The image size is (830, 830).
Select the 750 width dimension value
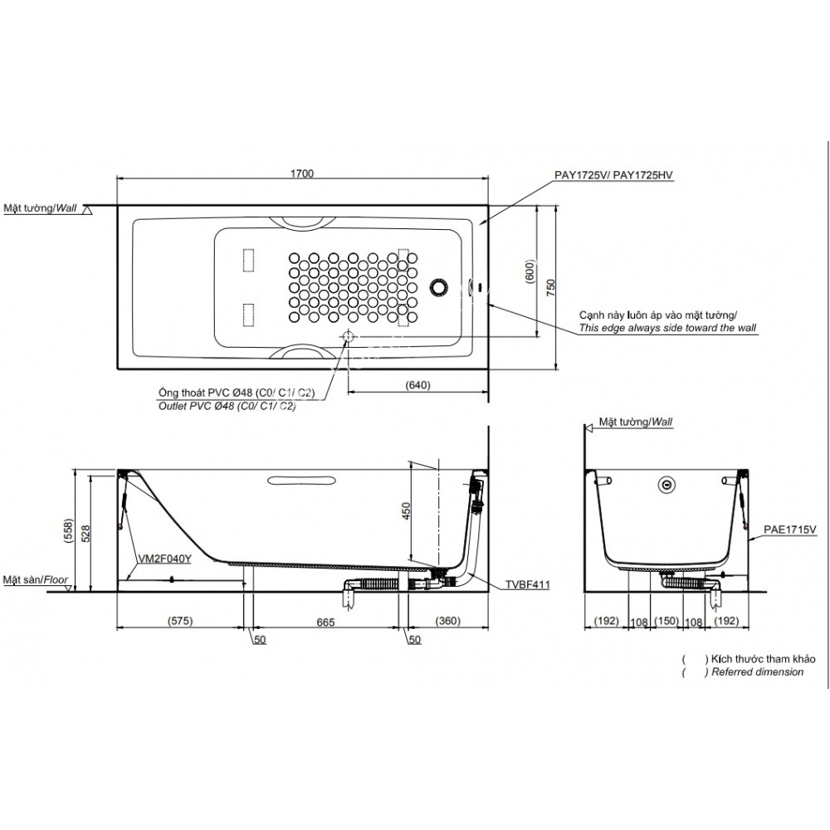coord(550,286)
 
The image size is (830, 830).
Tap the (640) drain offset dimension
coord(417,384)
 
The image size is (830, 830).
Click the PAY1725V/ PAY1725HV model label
coord(613,175)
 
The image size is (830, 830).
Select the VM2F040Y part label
coord(166,559)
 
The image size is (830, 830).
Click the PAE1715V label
coord(790,529)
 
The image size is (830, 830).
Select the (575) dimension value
coord(180,621)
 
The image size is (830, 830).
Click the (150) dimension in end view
coord(666,621)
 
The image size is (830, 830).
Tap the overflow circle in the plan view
coord(437,287)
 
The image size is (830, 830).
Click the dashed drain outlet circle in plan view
coord(348,336)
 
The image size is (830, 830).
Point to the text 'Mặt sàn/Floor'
coord(35,580)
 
